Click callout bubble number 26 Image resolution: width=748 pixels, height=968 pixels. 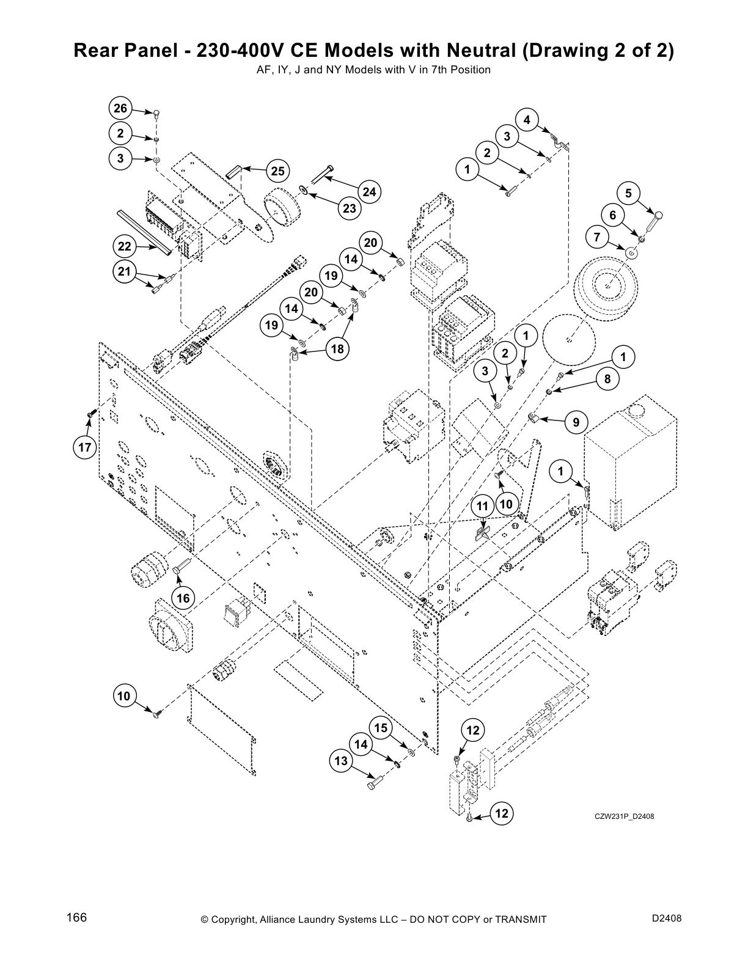(x=120, y=108)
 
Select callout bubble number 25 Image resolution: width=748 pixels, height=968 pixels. (x=277, y=171)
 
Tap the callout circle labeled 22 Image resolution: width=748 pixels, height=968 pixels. (x=125, y=247)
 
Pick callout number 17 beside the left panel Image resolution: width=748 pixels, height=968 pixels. (x=84, y=448)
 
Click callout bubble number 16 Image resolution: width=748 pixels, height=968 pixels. (x=184, y=598)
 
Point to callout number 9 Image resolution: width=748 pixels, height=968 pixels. (x=576, y=422)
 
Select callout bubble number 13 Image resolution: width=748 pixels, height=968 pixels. (x=341, y=761)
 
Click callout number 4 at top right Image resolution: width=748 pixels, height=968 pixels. (x=527, y=120)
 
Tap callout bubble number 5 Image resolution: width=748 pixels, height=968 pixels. (x=628, y=194)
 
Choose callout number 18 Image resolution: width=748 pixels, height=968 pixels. (x=337, y=349)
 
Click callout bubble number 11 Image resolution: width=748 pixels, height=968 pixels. (x=483, y=505)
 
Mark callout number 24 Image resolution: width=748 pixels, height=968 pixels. (x=369, y=192)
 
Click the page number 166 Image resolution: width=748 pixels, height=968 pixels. (x=77, y=918)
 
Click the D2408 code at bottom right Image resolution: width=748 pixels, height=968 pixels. (x=667, y=918)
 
